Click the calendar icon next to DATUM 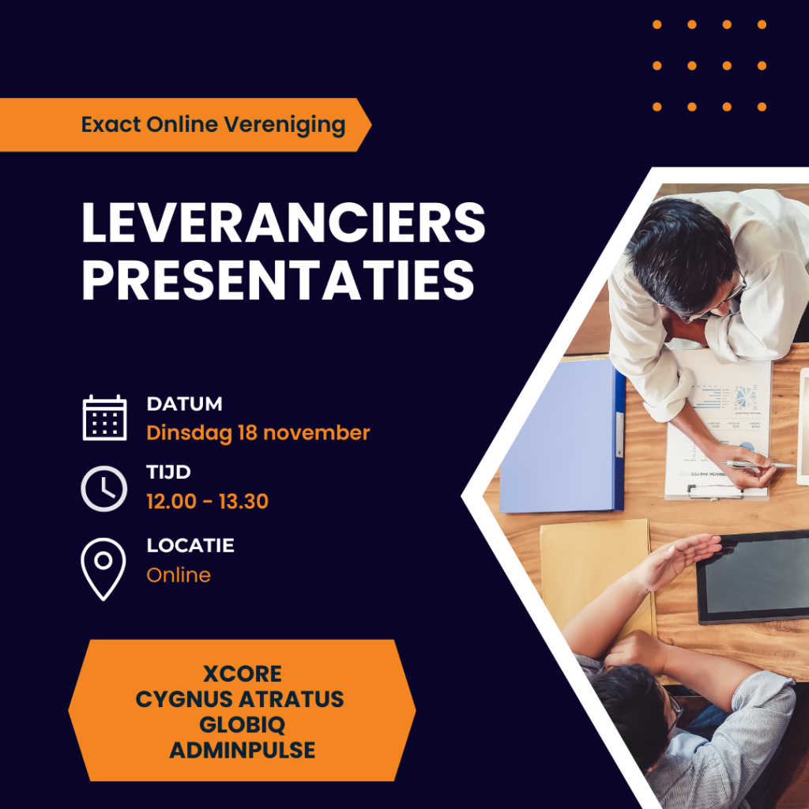pyautogui.click(x=104, y=417)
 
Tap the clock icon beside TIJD pyautogui.click(x=103, y=488)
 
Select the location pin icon pyautogui.click(x=103, y=569)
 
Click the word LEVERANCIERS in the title pyautogui.click(x=284, y=222)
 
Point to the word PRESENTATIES pyautogui.click(x=278, y=279)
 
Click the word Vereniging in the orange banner pyautogui.click(x=284, y=126)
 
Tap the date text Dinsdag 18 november pyautogui.click(x=258, y=433)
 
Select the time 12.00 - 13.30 pyautogui.click(x=208, y=502)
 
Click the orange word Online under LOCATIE pyautogui.click(x=179, y=575)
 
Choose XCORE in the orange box pyautogui.click(x=242, y=674)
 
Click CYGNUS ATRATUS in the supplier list pyautogui.click(x=240, y=699)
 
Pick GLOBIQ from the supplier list pyautogui.click(x=242, y=725)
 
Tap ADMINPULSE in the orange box pyautogui.click(x=242, y=751)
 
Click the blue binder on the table pyautogui.click(x=563, y=436)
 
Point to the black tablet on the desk pyautogui.click(x=753, y=577)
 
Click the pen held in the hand pyautogui.click(x=758, y=465)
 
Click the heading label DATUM pyautogui.click(x=184, y=404)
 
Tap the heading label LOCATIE pyautogui.click(x=190, y=545)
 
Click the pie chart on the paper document pyautogui.click(x=744, y=397)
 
